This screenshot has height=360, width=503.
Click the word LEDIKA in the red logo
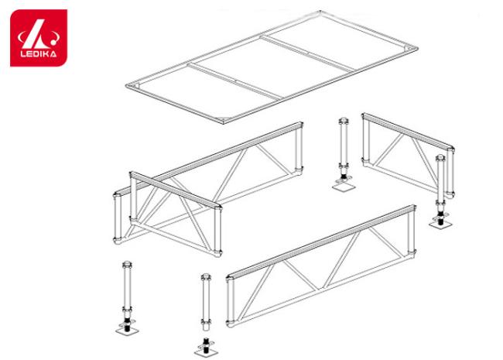pos(39,53)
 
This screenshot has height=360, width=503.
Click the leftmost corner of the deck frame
pos(127,85)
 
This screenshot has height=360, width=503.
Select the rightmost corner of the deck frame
pos(416,48)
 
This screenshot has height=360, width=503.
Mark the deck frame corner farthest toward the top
pos(320,12)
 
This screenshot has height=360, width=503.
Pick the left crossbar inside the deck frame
pos(234,81)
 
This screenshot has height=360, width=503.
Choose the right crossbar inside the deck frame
pos(307,53)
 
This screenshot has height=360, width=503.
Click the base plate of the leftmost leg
pos(127,330)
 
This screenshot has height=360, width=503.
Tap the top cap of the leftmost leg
pos(127,265)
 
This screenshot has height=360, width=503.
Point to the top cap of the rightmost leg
pos(440,158)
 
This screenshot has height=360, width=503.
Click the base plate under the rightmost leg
pos(441,223)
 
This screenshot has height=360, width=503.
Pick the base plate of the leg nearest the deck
pos(343,186)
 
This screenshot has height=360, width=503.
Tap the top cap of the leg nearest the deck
pos(344,122)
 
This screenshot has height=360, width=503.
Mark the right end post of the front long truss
pos(412,231)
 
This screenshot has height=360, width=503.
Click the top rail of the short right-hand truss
pos(408,132)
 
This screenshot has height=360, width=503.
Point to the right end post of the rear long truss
pos(299,149)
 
